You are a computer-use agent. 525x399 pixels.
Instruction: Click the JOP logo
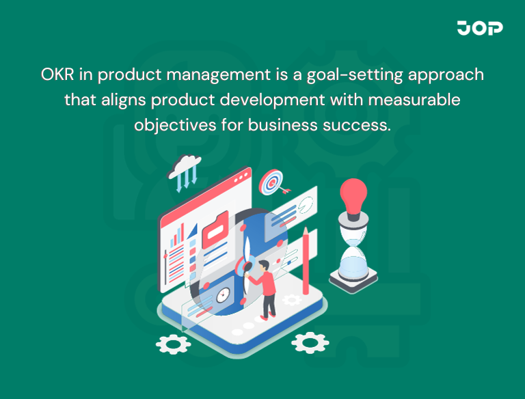click(480, 28)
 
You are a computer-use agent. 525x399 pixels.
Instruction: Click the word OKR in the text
click(55, 74)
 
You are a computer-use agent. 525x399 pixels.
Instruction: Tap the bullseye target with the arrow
click(272, 182)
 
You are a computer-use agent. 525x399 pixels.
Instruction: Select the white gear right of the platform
click(310, 341)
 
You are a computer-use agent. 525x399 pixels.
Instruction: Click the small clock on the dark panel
click(223, 296)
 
